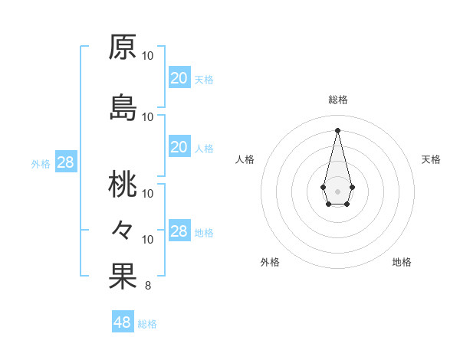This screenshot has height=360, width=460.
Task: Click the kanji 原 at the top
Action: click(x=123, y=47)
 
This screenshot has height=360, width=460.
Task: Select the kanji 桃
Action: click(x=123, y=184)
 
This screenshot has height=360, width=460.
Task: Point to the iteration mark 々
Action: click(x=123, y=229)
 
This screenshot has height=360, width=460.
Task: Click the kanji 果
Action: click(x=123, y=277)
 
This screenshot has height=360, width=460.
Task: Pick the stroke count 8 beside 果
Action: click(x=147, y=286)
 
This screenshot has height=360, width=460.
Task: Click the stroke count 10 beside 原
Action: click(x=148, y=56)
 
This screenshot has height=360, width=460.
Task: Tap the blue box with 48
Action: click(x=123, y=322)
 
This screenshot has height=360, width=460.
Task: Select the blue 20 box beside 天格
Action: click(x=179, y=77)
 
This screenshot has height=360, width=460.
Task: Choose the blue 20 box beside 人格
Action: click(x=179, y=147)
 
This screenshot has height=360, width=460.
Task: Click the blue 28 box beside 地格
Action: click(x=179, y=231)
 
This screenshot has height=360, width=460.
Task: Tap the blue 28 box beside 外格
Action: click(x=65, y=162)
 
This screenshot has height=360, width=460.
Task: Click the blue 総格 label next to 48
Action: click(x=147, y=324)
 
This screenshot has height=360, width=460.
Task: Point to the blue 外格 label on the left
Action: click(x=41, y=163)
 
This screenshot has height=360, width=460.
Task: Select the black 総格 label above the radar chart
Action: click(x=337, y=100)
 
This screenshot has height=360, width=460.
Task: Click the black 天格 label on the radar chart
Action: click(x=431, y=159)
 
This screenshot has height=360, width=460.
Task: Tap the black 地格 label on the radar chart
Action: click(x=402, y=262)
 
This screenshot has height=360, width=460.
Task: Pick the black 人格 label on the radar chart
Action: click(x=245, y=159)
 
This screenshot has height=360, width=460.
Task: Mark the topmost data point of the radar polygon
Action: click(x=337, y=129)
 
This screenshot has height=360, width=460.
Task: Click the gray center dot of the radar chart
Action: click(x=337, y=190)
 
